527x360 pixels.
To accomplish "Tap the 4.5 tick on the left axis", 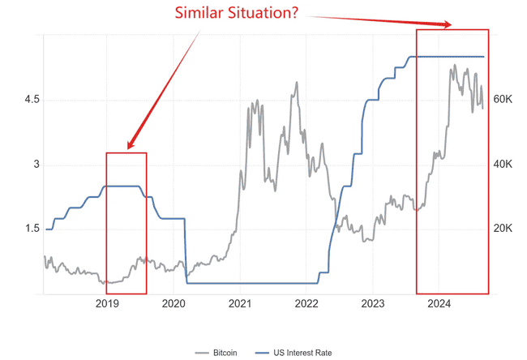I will tap(33, 100).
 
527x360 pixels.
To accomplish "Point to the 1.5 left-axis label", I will tap(33, 229).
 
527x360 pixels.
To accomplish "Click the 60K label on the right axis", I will tap(503, 100).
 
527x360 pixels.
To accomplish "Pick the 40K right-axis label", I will tap(503, 165).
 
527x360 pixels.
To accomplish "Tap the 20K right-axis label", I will tap(503, 229).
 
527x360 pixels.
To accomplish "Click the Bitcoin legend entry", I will tap(219, 353).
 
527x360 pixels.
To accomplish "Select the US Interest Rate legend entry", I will tap(297, 353).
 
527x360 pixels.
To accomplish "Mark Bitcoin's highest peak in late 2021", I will tap(296, 83).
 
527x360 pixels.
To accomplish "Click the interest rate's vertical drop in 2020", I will tap(186, 251).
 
